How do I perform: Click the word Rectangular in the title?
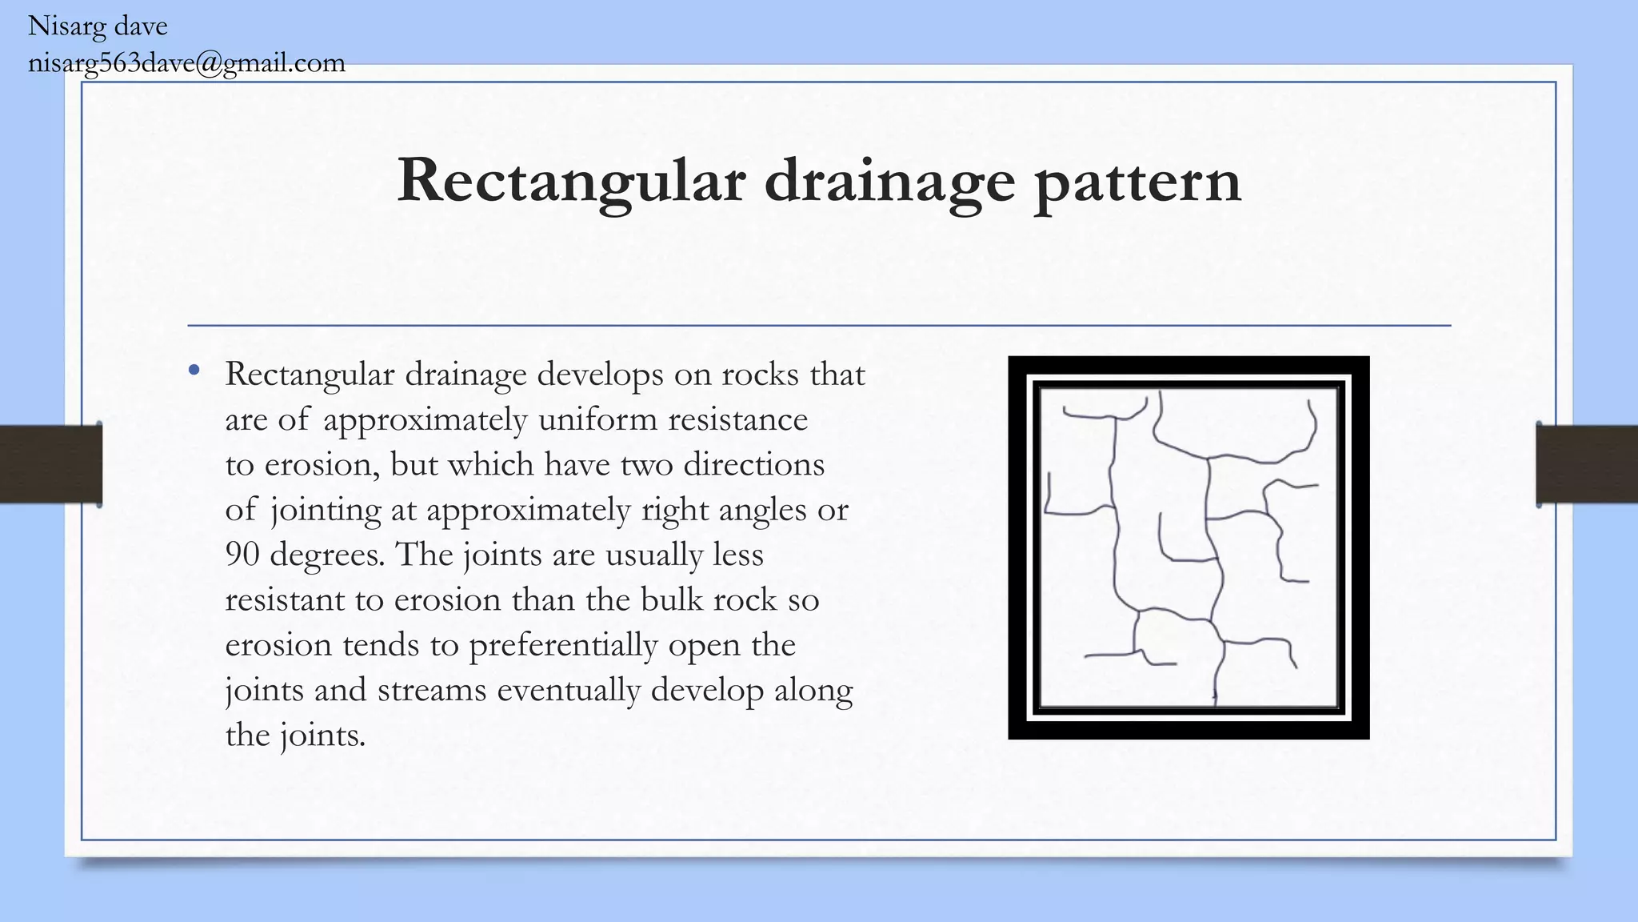coord(571,181)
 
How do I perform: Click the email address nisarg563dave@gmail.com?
coord(186,63)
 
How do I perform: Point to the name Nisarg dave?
coord(98,26)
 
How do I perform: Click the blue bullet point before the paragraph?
coord(194,371)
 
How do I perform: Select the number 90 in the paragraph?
coord(242,554)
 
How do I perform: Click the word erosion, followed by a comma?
coord(322,465)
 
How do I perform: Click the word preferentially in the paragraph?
coord(563,645)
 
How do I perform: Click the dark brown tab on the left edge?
coord(50,464)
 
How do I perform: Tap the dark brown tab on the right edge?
coord(1587,464)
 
